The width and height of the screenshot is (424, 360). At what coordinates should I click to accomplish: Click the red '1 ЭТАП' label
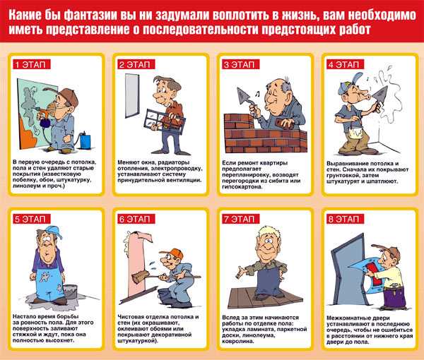31,64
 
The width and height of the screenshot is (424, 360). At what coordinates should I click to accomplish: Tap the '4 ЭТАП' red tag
346,64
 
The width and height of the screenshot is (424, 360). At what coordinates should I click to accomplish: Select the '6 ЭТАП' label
136,219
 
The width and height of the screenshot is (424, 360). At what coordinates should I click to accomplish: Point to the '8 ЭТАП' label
346,219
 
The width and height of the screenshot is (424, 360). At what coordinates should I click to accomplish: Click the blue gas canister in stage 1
86,140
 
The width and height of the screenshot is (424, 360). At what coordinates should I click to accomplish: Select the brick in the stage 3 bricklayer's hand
284,124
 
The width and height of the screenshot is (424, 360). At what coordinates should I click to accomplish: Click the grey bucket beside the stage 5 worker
71,292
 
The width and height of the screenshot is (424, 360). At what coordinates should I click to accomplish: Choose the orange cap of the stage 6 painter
172,254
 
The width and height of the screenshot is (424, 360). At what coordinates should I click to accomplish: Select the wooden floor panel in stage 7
265,298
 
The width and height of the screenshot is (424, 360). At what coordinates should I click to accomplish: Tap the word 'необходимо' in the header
382,15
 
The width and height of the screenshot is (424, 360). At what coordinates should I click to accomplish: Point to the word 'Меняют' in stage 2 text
129,162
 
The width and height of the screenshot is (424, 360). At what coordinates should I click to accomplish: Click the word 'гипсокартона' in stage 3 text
242,187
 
